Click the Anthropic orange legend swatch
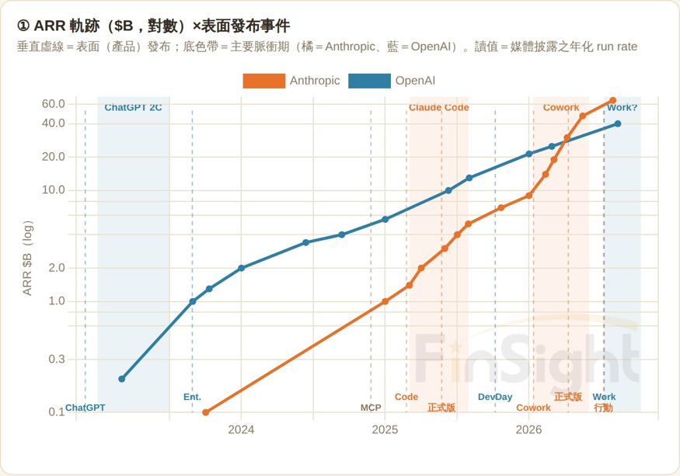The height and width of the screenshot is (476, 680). [x=263, y=81]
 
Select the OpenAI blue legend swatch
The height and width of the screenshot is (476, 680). [x=369, y=81]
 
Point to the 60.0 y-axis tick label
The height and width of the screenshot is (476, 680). [x=54, y=104]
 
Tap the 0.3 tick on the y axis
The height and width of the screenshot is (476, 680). [x=57, y=360]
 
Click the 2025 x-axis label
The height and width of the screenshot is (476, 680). [x=385, y=429]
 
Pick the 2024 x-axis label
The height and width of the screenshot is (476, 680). [x=241, y=429]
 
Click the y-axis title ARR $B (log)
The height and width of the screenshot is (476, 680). [x=27, y=259]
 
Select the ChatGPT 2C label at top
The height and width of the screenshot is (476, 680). [x=133, y=107]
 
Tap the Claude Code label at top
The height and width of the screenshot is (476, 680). [x=439, y=107]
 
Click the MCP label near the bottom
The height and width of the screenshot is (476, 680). [x=371, y=408]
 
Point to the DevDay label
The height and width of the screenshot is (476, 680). [x=495, y=397]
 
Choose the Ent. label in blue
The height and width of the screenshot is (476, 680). [x=192, y=397]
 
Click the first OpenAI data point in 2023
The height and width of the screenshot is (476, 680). [x=122, y=379]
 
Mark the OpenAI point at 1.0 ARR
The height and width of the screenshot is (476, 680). [x=193, y=301]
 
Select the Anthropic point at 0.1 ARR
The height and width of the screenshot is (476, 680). [x=206, y=412]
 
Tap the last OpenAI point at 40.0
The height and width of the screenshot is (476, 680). [x=618, y=124]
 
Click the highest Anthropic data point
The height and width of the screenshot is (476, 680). [x=613, y=101]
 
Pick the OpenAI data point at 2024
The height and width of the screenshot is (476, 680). [x=242, y=269]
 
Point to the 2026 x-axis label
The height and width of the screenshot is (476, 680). [x=528, y=429]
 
